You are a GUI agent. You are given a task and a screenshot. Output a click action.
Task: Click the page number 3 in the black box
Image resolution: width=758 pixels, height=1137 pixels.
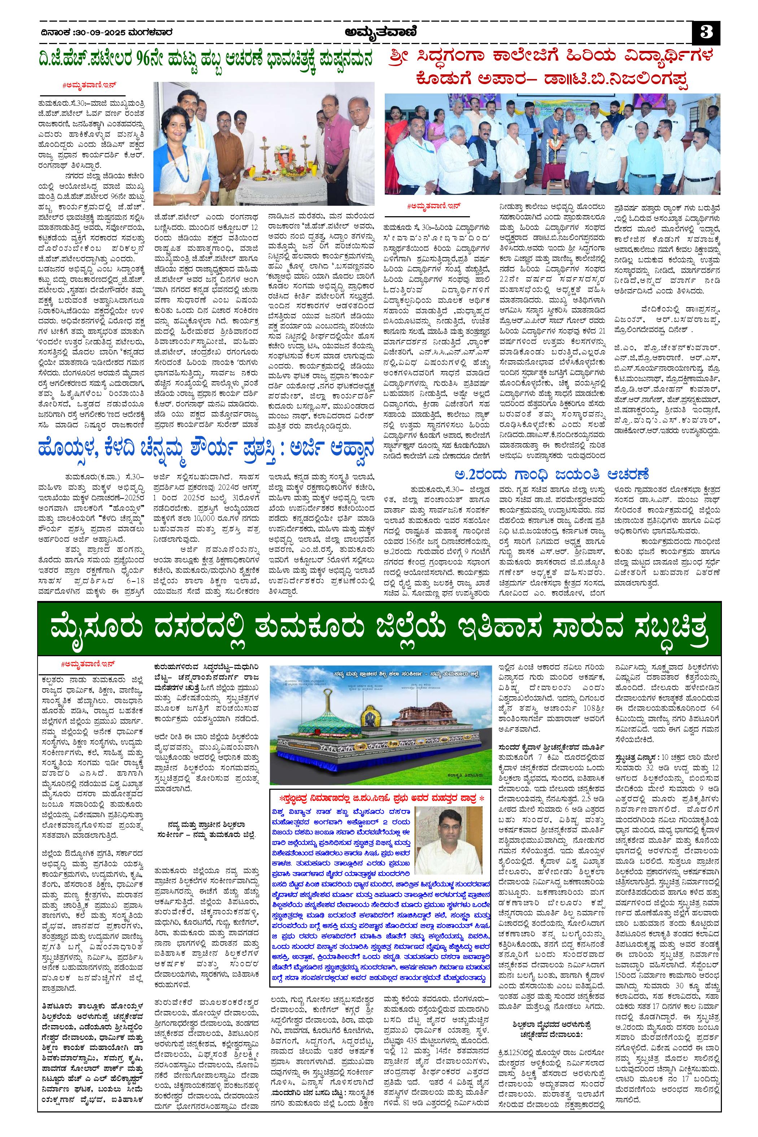(706, 34)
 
